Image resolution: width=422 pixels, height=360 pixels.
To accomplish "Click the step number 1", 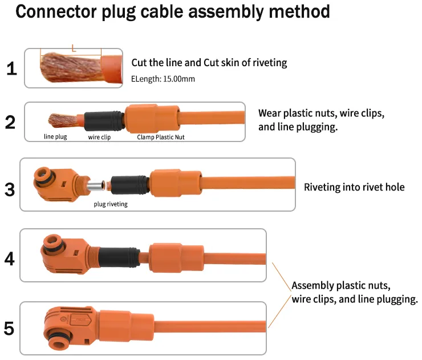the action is [11, 68].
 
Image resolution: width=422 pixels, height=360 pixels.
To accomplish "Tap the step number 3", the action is [10, 189].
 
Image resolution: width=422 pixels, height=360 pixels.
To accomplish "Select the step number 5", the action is [9, 329].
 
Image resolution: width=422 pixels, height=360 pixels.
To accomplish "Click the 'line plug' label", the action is [55, 137].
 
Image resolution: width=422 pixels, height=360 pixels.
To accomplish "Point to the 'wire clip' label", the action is [99, 137].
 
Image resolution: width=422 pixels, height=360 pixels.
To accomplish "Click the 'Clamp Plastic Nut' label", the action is [161, 137].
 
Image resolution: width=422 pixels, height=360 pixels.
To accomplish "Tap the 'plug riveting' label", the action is [111, 204].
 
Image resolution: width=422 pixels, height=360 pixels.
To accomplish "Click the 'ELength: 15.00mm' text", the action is [163, 79].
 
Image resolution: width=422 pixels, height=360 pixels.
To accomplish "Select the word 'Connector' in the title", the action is [56, 11].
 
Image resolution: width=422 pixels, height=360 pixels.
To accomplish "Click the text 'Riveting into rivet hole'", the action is [354, 187].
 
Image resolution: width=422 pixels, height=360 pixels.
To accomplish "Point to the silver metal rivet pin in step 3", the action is [96, 187].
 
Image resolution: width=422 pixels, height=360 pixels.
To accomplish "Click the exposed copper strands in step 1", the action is [71, 67].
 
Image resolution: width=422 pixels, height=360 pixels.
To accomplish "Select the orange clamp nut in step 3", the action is [176, 183].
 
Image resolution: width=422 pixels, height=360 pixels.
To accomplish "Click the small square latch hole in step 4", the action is [76, 253].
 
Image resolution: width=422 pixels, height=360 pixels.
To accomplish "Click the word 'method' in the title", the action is [299, 11].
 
